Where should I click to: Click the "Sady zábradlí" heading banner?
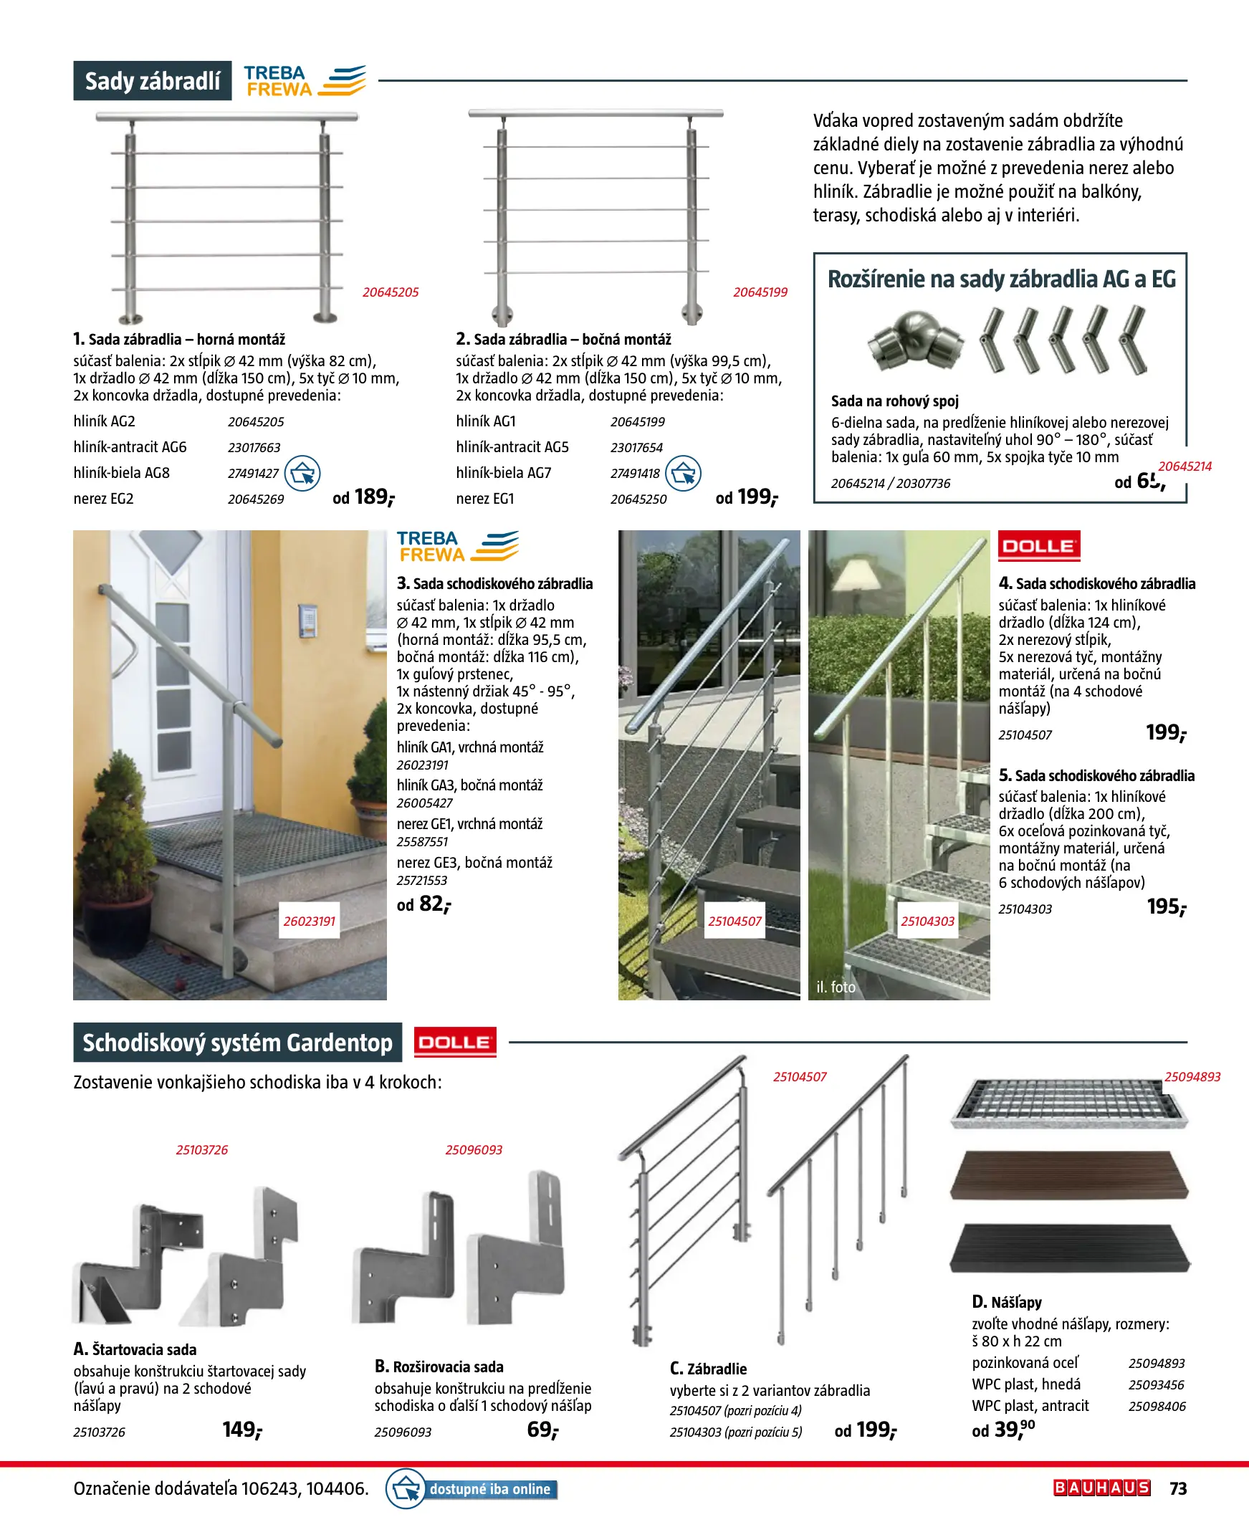(x=153, y=80)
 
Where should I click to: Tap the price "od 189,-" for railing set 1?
(x=364, y=497)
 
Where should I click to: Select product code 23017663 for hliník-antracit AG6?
(x=254, y=447)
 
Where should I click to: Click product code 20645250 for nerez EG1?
(x=638, y=499)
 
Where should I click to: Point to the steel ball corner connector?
(x=914, y=343)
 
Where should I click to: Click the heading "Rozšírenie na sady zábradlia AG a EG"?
(x=1001, y=279)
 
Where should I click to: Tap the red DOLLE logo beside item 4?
(x=1038, y=546)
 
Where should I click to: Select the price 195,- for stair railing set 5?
(x=1166, y=907)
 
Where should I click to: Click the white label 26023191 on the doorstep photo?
(x=310, y=922)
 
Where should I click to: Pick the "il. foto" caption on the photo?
(x=836, y=987)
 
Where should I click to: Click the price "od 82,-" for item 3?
(x=423, y=904)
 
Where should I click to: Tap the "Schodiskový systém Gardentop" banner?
(x=237, y=1042)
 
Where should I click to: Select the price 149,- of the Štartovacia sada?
(x=241, y=1430)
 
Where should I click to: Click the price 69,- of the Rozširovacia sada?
(x=542, y=1430)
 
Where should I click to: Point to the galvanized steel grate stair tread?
(x=1068, y=1103)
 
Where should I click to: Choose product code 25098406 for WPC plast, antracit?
(x=1156, y=1406)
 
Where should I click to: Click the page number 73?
(x=1178, y=1488)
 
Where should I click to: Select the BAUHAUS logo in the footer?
(x=1101, y=1488)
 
